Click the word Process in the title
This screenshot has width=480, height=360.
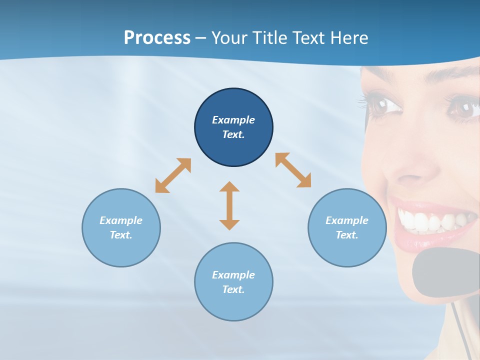point(157,38)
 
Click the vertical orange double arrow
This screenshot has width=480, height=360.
point(229,205)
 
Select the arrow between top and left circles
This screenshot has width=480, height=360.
point(173,175)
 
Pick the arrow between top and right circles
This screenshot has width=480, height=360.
point(293,170)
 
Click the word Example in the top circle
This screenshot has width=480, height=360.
point(233,120)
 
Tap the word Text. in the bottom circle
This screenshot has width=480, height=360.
point(233,289)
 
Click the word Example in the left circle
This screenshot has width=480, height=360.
point(121,220)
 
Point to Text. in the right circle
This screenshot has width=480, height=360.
point(347,235)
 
